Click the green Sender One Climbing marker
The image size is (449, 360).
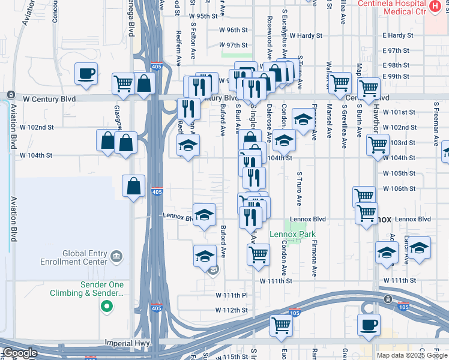coord(107,307)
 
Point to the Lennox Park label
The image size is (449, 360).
coord(292,234)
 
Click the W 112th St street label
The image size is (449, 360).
coord(232,310)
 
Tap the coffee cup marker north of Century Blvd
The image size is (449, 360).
coord(86,74)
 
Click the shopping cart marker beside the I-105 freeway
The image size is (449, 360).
coord(280,325)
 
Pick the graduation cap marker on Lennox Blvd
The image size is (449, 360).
coord(204,214)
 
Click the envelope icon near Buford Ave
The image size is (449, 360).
coord(213,271)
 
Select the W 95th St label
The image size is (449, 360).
coord(202,16)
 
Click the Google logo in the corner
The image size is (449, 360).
coord(20,353)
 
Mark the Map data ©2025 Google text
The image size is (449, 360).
coord(411,355)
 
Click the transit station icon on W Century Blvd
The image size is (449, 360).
coord(11,95)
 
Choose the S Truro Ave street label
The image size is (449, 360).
coord(298,189)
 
